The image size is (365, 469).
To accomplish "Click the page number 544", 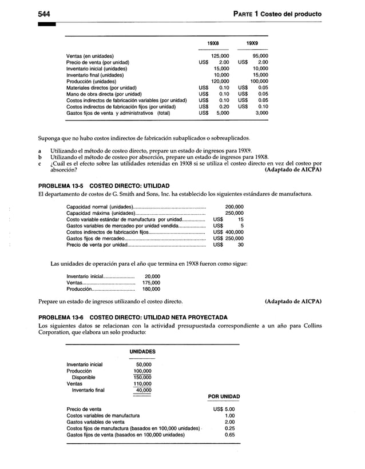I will pyautogui.click(x=46, y=13).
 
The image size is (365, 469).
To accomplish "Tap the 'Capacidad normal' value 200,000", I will pyautogui.click(x=235, y=206).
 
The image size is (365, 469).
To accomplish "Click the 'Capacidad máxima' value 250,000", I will pyautogui.click(x=235, y=213).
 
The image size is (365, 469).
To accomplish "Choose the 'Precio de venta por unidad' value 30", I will pyautogui.click(x=240, y=245).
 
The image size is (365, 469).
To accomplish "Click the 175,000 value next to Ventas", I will pyautogui.click(x=151, y=282).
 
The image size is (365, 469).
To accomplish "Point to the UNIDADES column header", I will pyautogui.click(x=140, y=351).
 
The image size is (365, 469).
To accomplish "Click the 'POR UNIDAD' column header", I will pyautogui.click(x=224, y=396).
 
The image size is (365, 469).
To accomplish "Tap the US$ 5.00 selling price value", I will pyautogui.click(x=224, y=409).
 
